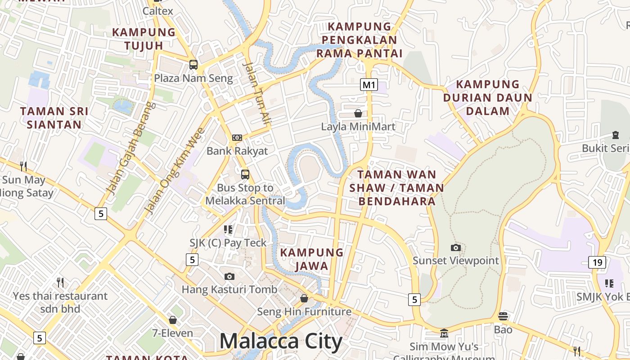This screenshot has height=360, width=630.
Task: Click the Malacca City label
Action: click(x=281, y=341)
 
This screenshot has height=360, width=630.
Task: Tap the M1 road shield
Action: click(x=369, y=84)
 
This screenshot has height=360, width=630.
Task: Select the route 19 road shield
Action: click(x=597, y=262)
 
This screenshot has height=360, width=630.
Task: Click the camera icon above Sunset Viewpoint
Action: click(x=456, y=247)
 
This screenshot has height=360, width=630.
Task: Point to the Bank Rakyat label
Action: click(x=237, y=151)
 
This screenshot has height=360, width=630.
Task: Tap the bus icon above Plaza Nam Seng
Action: click(x=193, y=65)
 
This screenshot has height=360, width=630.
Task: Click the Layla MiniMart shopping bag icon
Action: click(x=358, y=113)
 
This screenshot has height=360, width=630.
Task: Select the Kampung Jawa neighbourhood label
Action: click(x=312, y=259)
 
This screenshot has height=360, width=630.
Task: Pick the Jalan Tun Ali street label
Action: click(x=258, y=93)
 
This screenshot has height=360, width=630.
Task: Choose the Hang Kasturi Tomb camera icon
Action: click(x=229, y=276)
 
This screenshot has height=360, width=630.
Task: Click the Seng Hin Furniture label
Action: click(x=304, y=311)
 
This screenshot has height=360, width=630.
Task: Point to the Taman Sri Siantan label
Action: click(x=54, y=118)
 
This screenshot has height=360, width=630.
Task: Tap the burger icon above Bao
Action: click(x=503, y=316)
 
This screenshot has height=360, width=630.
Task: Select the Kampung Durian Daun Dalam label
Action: click(x=488, y=98)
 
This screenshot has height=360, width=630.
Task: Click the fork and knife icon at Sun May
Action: click(x=23, y=166)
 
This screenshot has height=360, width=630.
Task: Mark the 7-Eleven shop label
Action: click(x=172, y=333)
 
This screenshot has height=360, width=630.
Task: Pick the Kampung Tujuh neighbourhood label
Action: click(x=144, y=39)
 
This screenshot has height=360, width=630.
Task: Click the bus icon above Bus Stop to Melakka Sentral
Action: click(x=245, y=175)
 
